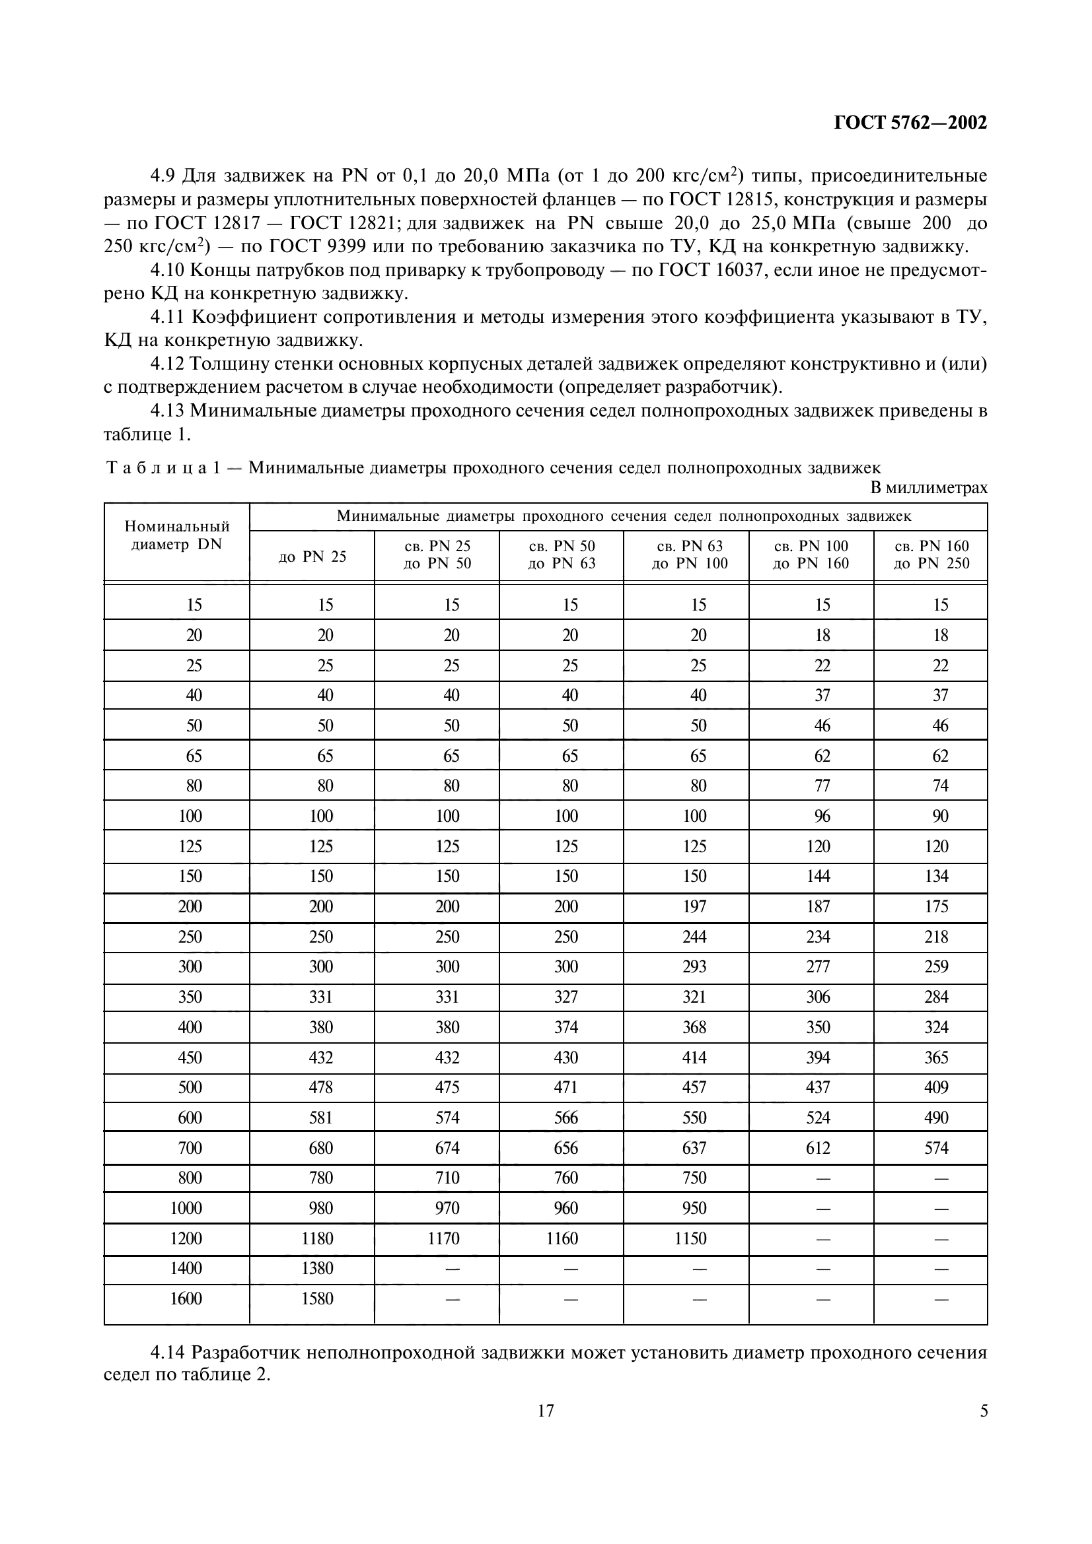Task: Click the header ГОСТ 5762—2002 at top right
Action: click(910, 123)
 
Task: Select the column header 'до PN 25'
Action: click(312, 556)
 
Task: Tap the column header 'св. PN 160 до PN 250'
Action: click(931, 554)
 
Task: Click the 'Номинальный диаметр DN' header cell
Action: click(177, 536)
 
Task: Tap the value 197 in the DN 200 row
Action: click(694, 906)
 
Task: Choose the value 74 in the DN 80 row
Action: click(940, 786)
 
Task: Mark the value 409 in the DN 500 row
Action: click(936, 1087)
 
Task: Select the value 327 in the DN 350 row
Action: click(566, 997)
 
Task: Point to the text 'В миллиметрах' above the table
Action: click(929, 488)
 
